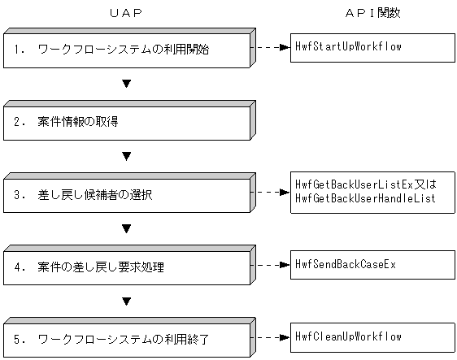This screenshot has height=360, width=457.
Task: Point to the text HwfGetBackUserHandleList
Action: pyautogui.click(x=367, y=198)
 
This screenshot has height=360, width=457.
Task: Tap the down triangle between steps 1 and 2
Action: pyautogui.click(x=126, y=84)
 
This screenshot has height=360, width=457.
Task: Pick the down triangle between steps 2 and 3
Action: pyautogui.click(x=126, y=156)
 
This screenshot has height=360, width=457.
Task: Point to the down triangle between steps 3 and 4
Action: pyautogui.click(x=126, y=228)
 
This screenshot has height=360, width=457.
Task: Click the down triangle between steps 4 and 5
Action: pyautogui.click(x=126, y=301)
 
